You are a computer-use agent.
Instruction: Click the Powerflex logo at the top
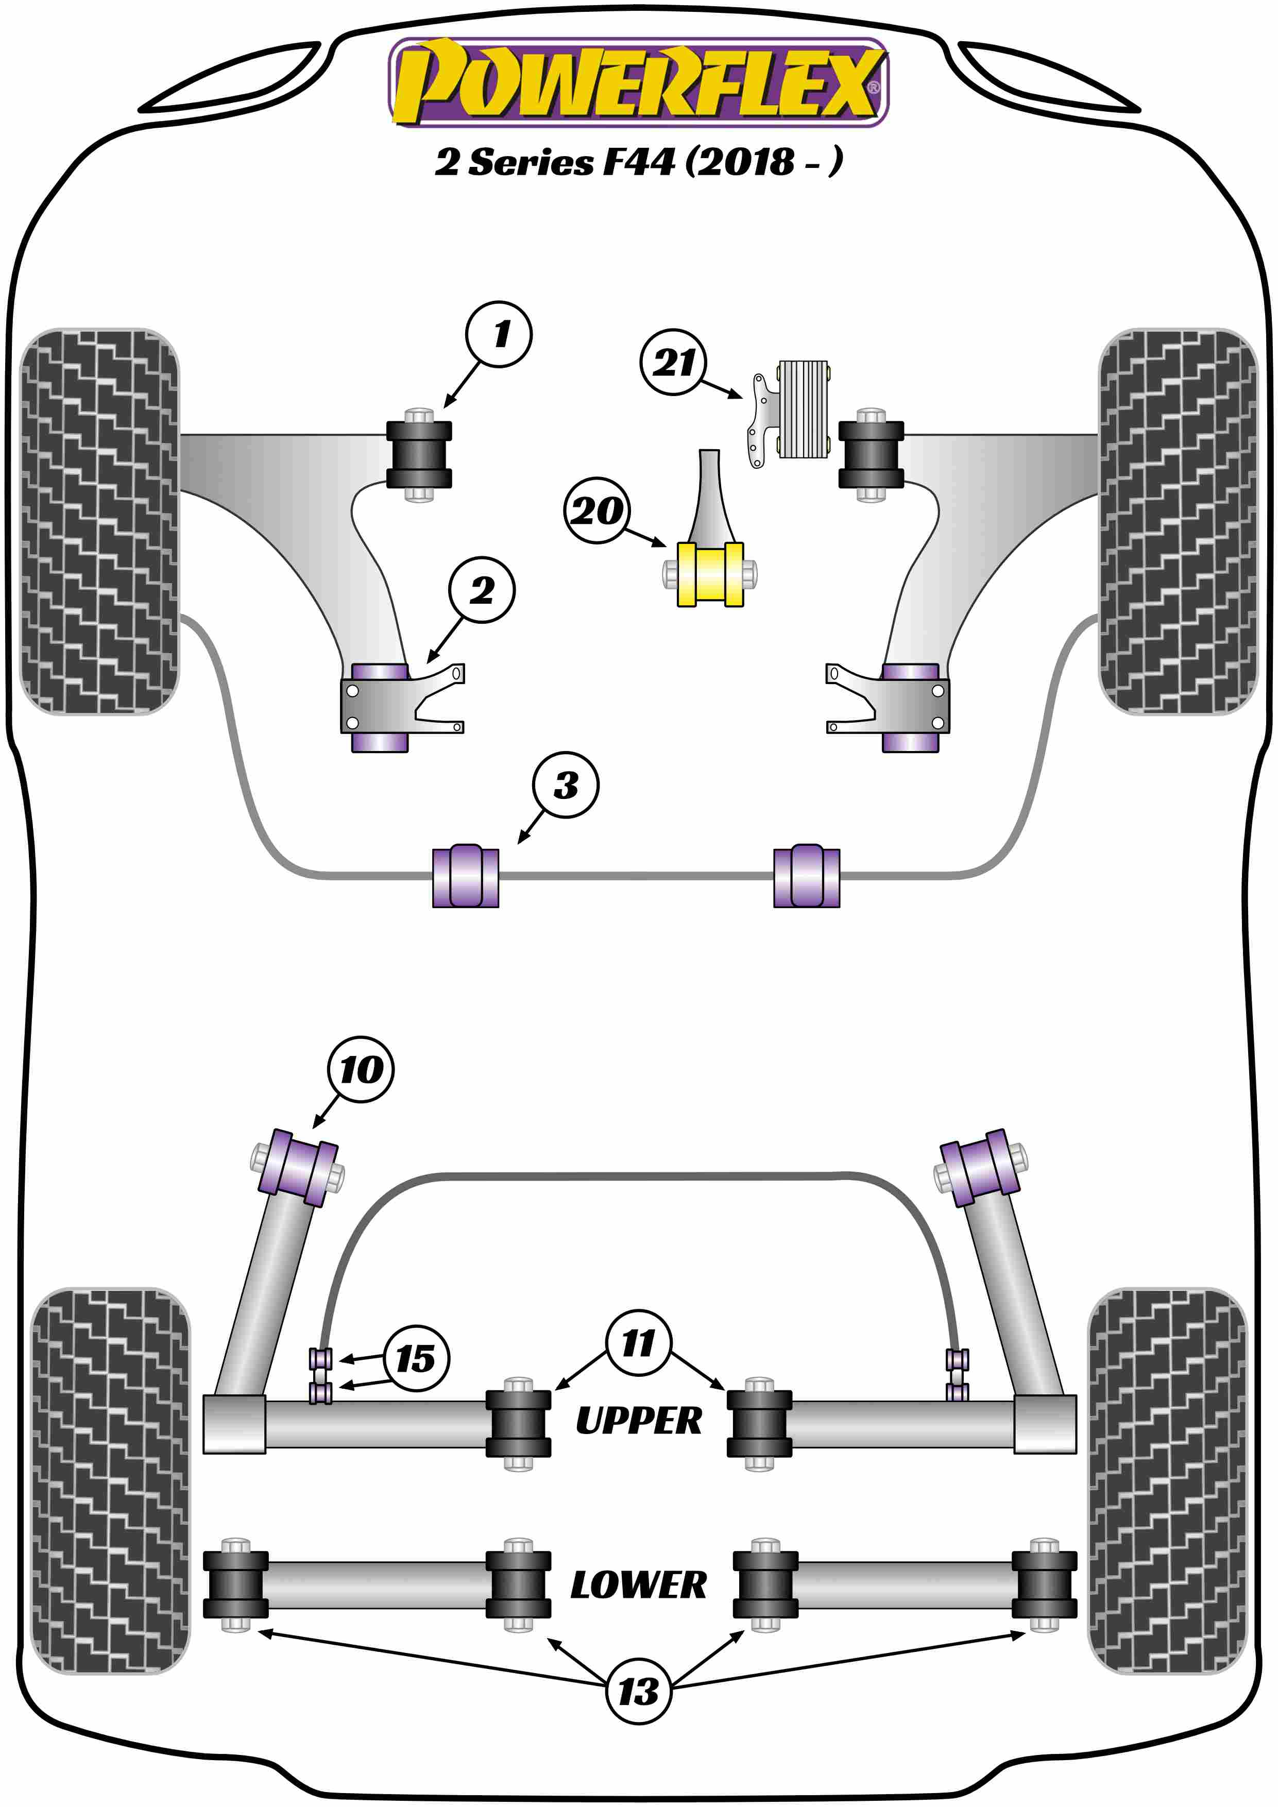638,82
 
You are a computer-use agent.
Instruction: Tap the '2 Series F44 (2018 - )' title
638,162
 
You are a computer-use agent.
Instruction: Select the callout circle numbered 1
499,334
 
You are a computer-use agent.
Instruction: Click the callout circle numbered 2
482,590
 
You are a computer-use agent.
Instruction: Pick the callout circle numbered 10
361,1069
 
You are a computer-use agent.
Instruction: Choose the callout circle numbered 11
638,1343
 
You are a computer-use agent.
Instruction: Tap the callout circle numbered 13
638,1691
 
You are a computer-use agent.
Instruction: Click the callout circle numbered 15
416,1358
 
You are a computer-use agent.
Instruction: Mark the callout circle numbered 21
674,362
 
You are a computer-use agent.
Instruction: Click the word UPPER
638,1421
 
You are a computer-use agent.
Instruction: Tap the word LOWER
638,1585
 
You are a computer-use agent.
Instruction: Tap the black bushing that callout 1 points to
419,455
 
